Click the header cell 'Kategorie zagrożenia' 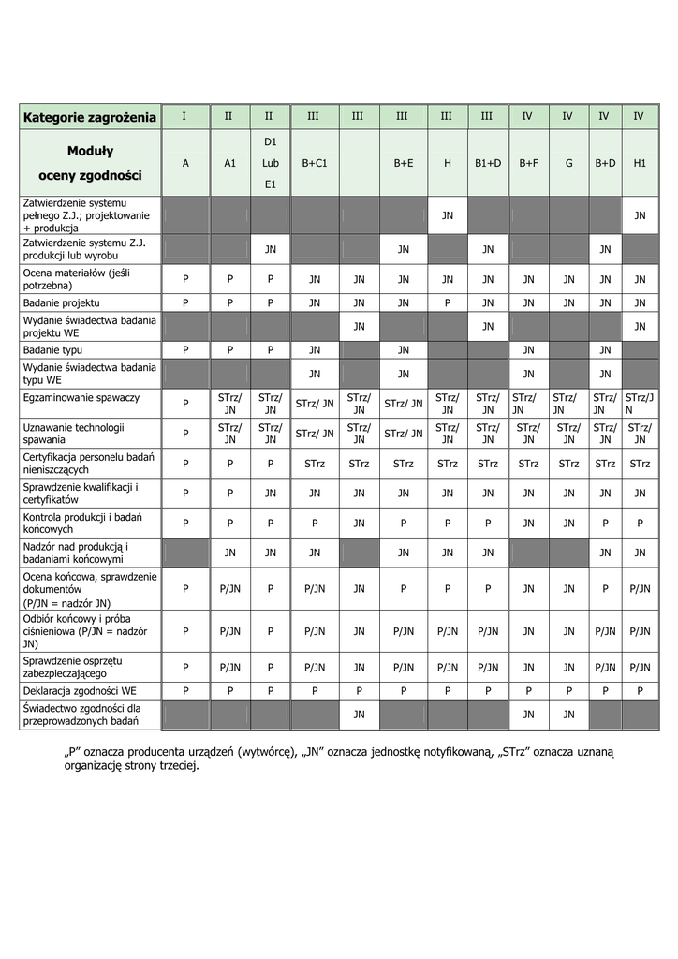(90, 117)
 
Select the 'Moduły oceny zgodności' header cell (90, 162)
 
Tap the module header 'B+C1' (314, 162)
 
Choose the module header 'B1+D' (487, 162)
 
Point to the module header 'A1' (229, 162)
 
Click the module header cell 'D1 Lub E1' (270, 162)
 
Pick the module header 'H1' (640, 162)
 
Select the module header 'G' (568, 162)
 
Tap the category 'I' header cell (184, 116)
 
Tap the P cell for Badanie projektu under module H (448, 302)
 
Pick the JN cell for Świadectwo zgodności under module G (568, 715)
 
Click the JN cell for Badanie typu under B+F (528, 349)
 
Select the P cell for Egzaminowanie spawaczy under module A (185, 404)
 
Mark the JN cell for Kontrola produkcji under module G (568, 524)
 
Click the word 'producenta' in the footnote (140, 752)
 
